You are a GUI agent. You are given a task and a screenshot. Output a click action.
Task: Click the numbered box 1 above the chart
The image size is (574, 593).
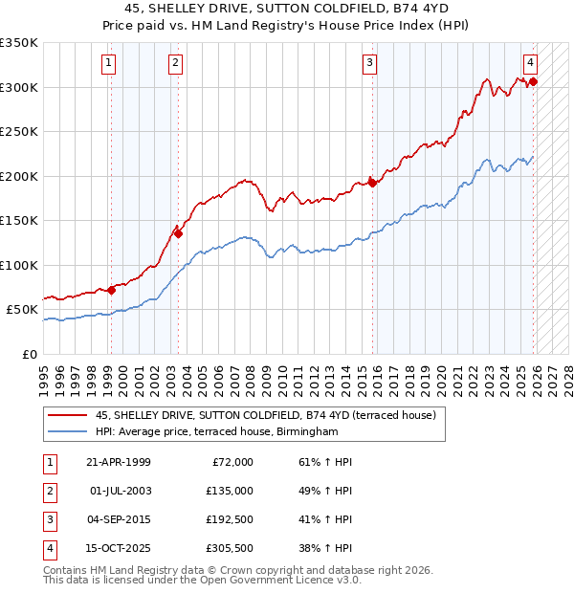(x=109, y=64)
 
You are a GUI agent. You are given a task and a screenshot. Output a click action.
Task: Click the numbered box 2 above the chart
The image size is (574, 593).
(x=176, y=64)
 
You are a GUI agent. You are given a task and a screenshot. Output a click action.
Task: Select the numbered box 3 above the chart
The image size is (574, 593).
(x=369, y=64)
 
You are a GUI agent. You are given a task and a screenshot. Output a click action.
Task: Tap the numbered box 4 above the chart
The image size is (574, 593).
(x=530, y=64)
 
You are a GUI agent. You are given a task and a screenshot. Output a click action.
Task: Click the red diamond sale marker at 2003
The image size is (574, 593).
(x=178, y=232)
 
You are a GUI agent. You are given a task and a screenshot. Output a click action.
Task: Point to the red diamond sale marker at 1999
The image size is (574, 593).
(x=111, y=290)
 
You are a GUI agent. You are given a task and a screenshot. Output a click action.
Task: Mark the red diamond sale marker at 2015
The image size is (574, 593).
(x=372, y=183)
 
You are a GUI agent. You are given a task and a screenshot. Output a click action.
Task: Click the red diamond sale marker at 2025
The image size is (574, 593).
(x=533, y=82)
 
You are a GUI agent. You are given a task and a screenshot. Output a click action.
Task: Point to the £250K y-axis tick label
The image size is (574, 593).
(x=19, y=132)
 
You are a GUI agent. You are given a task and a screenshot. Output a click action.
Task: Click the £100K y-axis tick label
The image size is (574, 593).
(x=19, y=265)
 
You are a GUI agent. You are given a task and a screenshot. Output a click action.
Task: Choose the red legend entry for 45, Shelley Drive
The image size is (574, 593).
(x=265, y=415)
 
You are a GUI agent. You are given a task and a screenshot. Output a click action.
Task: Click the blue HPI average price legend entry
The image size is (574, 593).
(x=217, y=432)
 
